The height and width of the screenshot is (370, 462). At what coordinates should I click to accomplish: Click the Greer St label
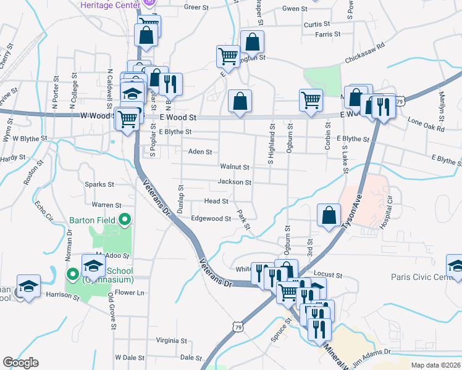[196, 8]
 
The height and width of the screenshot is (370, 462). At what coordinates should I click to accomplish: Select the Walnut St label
[235, 167]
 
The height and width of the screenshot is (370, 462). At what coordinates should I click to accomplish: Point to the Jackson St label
[235, 183]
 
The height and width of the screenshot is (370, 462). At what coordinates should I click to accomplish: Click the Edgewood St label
[211, 219]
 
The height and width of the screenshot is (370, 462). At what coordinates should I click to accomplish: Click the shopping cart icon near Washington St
[228, 57]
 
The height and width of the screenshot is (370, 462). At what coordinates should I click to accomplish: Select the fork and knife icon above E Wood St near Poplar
[170, 83]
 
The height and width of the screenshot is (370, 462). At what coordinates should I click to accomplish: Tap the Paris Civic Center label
[423, 277]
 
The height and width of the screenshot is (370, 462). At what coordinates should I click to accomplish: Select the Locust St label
[328, 274]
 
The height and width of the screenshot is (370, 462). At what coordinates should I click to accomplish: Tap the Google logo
[20, 363]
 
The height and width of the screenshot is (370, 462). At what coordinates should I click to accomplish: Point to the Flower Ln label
[130, 293]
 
